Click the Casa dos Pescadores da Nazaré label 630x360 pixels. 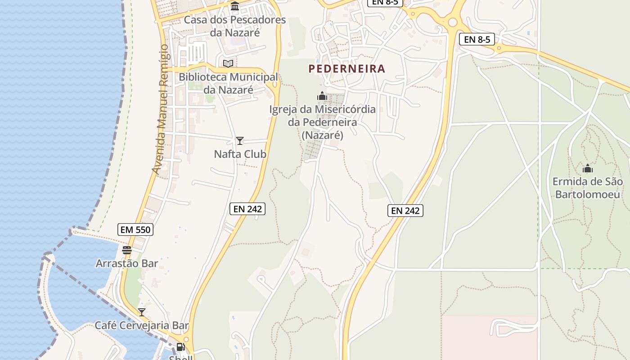234,27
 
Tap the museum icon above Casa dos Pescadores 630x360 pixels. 235,6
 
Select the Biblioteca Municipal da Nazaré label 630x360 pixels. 229,83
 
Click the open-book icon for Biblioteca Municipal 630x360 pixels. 229,63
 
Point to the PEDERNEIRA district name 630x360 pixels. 347,69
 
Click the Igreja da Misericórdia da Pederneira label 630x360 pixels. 322,122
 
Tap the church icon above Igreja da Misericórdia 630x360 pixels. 322,96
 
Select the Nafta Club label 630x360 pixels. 240,154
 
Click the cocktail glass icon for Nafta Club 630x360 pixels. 240,141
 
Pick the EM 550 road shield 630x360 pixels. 136,229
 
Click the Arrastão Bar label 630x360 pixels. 127,263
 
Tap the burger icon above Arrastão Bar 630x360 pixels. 127,250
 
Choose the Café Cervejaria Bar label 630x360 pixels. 142,325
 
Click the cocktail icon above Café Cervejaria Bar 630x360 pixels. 142,312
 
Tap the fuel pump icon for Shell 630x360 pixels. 180,346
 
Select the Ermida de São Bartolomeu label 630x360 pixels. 588,188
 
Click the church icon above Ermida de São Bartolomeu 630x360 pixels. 588,169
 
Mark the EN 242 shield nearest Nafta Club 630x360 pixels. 247,208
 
